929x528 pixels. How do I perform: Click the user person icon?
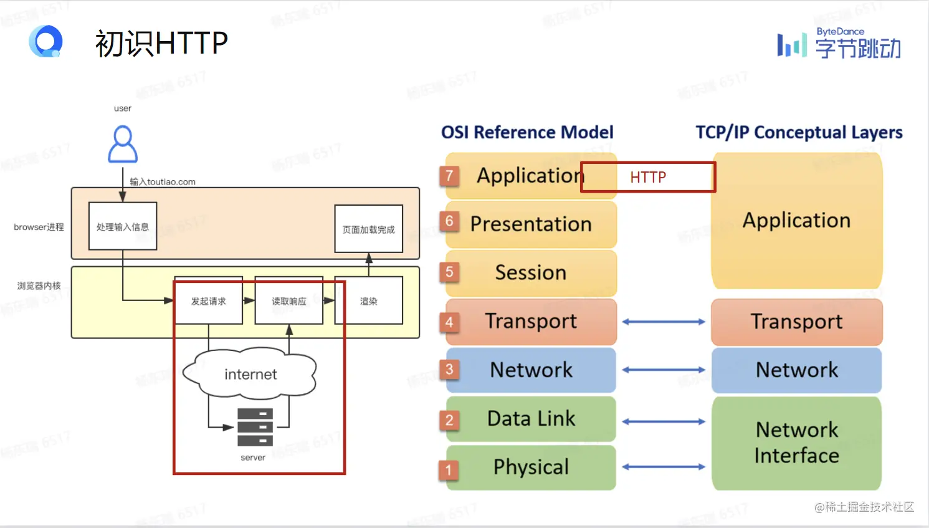pos(123,145)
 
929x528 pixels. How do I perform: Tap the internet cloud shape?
pos(250,373)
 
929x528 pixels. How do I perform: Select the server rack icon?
pos(255,427)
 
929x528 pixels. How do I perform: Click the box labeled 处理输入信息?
pos(123,226)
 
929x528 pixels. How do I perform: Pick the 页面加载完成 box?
pos(369,229)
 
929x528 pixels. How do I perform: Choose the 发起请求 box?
pos(208,301)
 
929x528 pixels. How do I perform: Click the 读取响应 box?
pos(288,301)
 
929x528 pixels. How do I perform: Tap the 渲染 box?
pos(369,301)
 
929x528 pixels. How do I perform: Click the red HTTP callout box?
pos(648,177)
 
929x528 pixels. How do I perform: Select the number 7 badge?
pos(449,176)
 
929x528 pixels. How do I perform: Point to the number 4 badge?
pos(449,322)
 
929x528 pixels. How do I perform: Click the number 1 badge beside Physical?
pos(449,469)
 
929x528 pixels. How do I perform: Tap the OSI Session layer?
pos(531,273)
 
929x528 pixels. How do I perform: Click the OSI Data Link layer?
pos(531,419)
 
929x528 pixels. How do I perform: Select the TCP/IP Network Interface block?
pos(796,443)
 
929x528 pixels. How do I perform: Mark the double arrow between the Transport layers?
pos(664,322)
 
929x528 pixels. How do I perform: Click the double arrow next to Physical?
pos(664,467)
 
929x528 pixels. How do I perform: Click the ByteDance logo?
pos(839,44)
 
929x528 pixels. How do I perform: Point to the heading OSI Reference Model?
pos(527,132)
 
